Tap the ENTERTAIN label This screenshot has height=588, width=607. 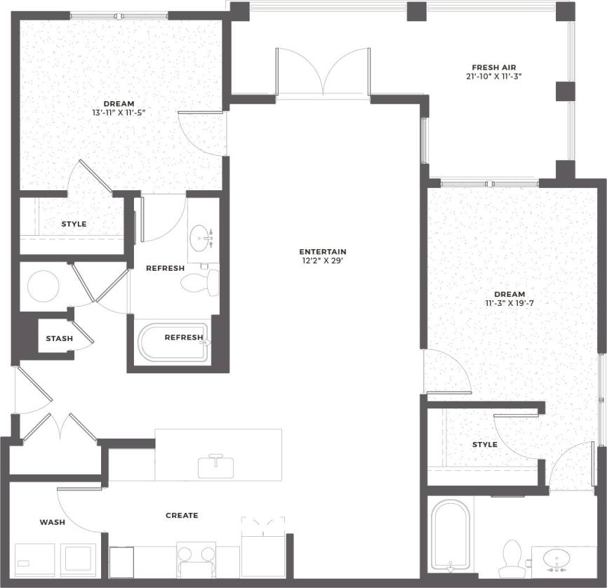coord(323,252)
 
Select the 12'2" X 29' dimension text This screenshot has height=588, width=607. coord(323,261)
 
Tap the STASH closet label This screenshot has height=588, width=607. coord(59,339)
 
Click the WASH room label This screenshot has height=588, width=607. coord(53,522)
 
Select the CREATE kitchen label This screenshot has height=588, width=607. coord(182,516)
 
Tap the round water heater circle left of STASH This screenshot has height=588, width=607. coord(44,286)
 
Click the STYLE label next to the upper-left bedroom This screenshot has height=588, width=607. coord(74,225)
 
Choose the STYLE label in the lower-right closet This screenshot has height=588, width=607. coord(484,445)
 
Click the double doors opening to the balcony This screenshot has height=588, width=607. coord(323,74)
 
